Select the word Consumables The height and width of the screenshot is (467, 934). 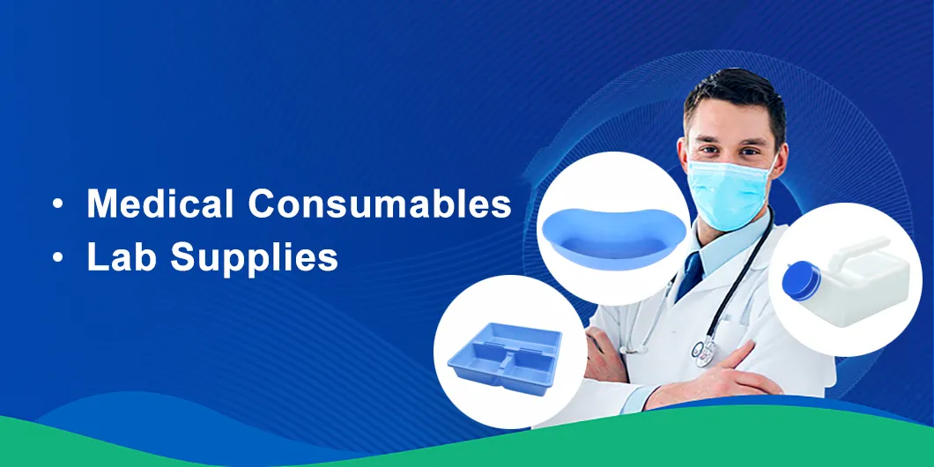click(379, 204)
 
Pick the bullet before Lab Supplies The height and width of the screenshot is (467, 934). click(58, 258)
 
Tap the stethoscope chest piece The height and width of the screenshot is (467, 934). click(704, 352)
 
